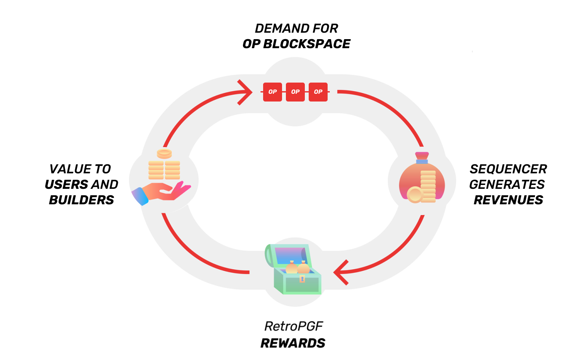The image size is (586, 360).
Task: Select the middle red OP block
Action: coord(295,92)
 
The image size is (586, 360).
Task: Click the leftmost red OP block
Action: coord(273,92)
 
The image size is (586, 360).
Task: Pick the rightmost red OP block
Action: coord(318,92)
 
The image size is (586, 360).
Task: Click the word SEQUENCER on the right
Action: coord(508,169)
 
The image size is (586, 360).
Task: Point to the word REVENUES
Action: coord(508,200)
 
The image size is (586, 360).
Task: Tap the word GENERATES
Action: coord(507,185)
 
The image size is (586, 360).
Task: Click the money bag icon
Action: coord(421,178)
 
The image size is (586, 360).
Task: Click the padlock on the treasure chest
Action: coord(302,279)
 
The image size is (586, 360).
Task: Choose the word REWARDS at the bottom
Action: coord(293,343)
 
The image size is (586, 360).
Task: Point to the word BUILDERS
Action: coord(81,200)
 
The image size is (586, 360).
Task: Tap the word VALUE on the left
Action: coord(68,169)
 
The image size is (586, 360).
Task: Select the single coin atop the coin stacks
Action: coord(164,153)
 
